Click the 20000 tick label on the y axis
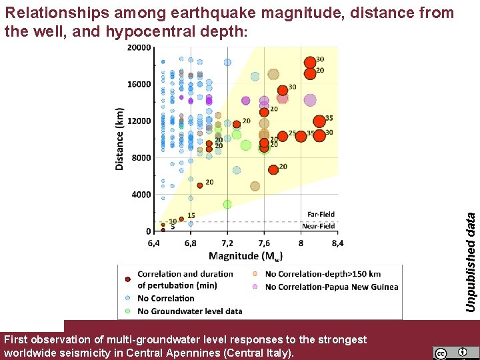[x=139, y=48]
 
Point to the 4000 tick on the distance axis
[x=141, y=195]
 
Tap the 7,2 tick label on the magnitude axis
[x=228, y=243]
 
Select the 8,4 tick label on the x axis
[x=337, y=243]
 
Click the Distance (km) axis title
[x=120, y=139]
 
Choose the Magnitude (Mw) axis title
[x=246, y=256]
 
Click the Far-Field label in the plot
[x=321, y=214]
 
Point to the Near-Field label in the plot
[x=319, y=226]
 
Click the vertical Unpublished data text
[x=471, y=261]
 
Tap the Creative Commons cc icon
[x=440, y=353]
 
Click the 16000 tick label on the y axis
[x=139, y=85]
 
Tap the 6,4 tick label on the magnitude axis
[x=153, y=243]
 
